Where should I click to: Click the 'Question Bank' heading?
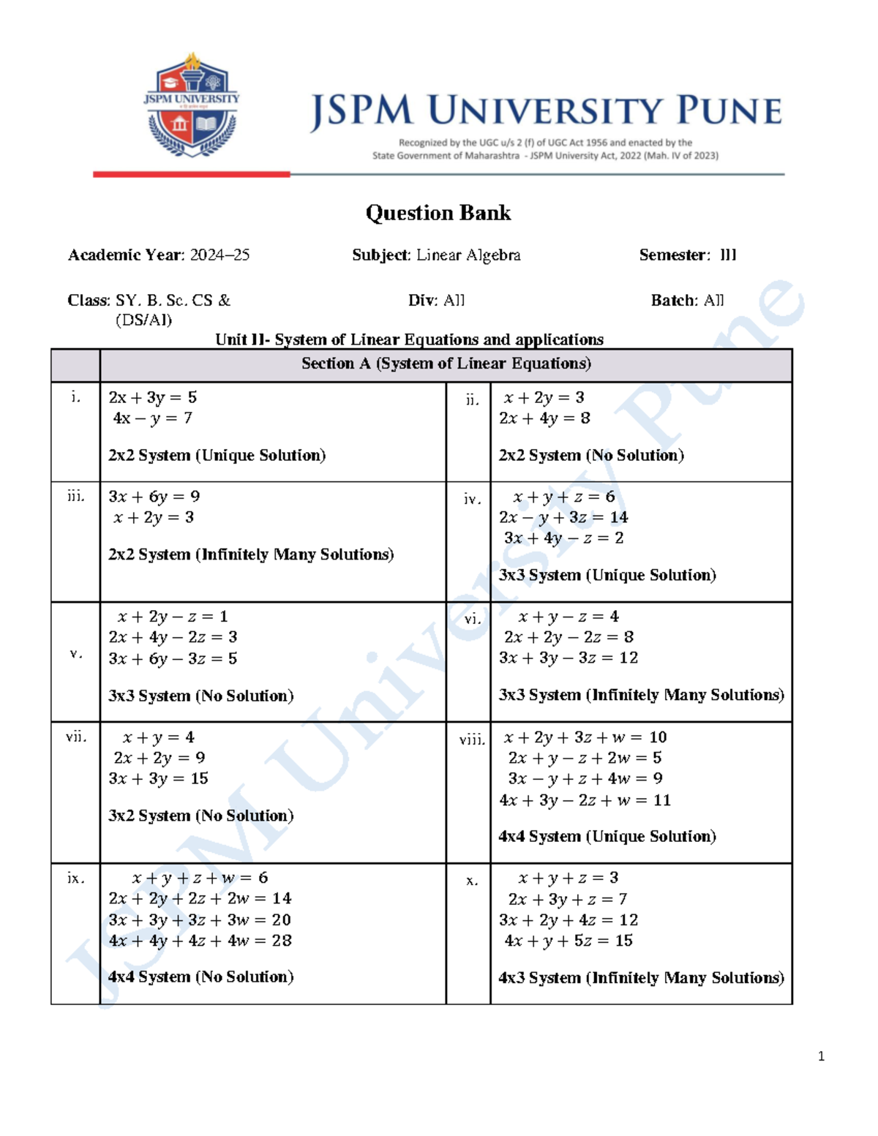[438, 213]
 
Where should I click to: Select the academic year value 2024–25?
[219, 255]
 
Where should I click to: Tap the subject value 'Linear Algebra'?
[468, 255]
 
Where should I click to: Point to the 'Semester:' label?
[674, 255]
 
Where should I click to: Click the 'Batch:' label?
[674, 301]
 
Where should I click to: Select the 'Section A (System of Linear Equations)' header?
[446, 364]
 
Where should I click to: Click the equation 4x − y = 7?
[152, 418]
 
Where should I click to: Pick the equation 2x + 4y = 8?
[544, 418]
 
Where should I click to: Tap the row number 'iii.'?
[75, 497]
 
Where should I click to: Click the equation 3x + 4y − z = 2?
[563, 538]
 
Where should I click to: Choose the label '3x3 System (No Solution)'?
[200, 696]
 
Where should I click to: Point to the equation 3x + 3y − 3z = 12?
[568, 658]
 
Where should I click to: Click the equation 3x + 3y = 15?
[158, 779]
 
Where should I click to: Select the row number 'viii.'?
[472, 740]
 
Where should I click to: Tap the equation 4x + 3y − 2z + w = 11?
[585, 800]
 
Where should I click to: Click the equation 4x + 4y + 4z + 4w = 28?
[200, 941]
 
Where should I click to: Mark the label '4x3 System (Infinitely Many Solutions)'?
[641, 978]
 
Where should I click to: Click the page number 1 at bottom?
[821, 1056]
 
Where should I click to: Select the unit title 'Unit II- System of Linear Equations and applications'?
[409, 339]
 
